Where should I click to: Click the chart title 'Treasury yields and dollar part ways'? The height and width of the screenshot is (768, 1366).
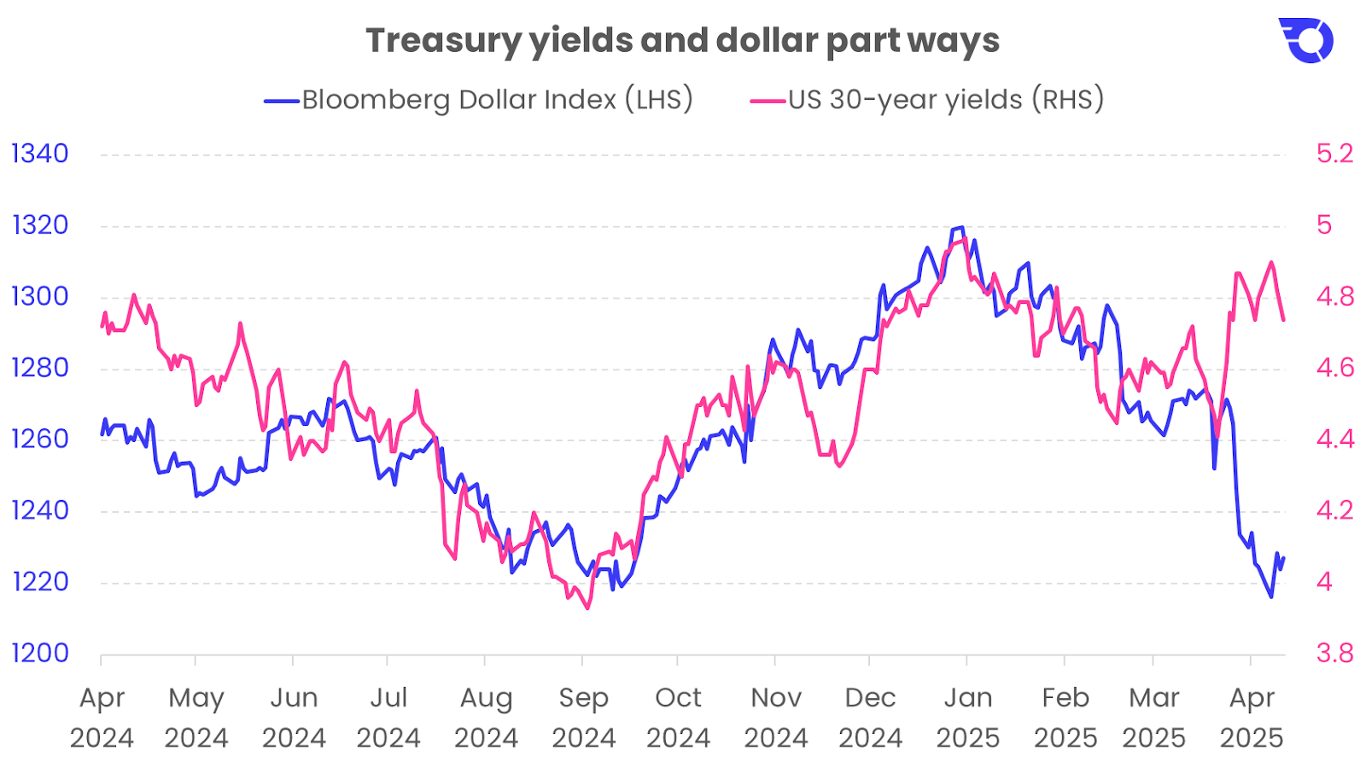point(682,41)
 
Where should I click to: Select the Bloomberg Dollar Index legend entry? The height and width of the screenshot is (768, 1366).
point(479,100)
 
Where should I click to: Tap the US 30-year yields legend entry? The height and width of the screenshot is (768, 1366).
point(928,100)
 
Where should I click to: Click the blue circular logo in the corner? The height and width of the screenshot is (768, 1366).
point(1307,40)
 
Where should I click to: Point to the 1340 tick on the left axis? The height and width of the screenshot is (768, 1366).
point(39,154)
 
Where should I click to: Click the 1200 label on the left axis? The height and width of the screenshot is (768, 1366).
point(39,654)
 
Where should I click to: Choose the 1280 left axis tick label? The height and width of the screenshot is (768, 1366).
point(39,368)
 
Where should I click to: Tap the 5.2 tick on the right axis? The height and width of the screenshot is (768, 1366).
point(1334,154)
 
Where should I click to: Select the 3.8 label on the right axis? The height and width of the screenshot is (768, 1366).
point(1334,654)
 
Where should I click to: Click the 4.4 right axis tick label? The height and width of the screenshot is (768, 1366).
point(1334,439)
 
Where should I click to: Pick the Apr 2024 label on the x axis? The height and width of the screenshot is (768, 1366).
point(102,718)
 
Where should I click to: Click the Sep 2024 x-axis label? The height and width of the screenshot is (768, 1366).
point(583,718)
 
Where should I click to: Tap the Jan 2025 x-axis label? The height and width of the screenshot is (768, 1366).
point(967,718)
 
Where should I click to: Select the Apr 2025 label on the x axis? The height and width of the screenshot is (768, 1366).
point(1252,718)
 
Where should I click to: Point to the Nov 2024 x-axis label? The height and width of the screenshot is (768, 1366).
point(775,718)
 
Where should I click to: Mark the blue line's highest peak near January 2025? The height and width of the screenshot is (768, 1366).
point(962,227)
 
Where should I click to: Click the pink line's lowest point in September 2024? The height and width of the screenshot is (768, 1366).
point(587,608)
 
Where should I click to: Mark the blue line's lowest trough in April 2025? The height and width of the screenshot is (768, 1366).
point(1271,596)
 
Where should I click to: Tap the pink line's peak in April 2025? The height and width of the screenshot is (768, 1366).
point(1272,262)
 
